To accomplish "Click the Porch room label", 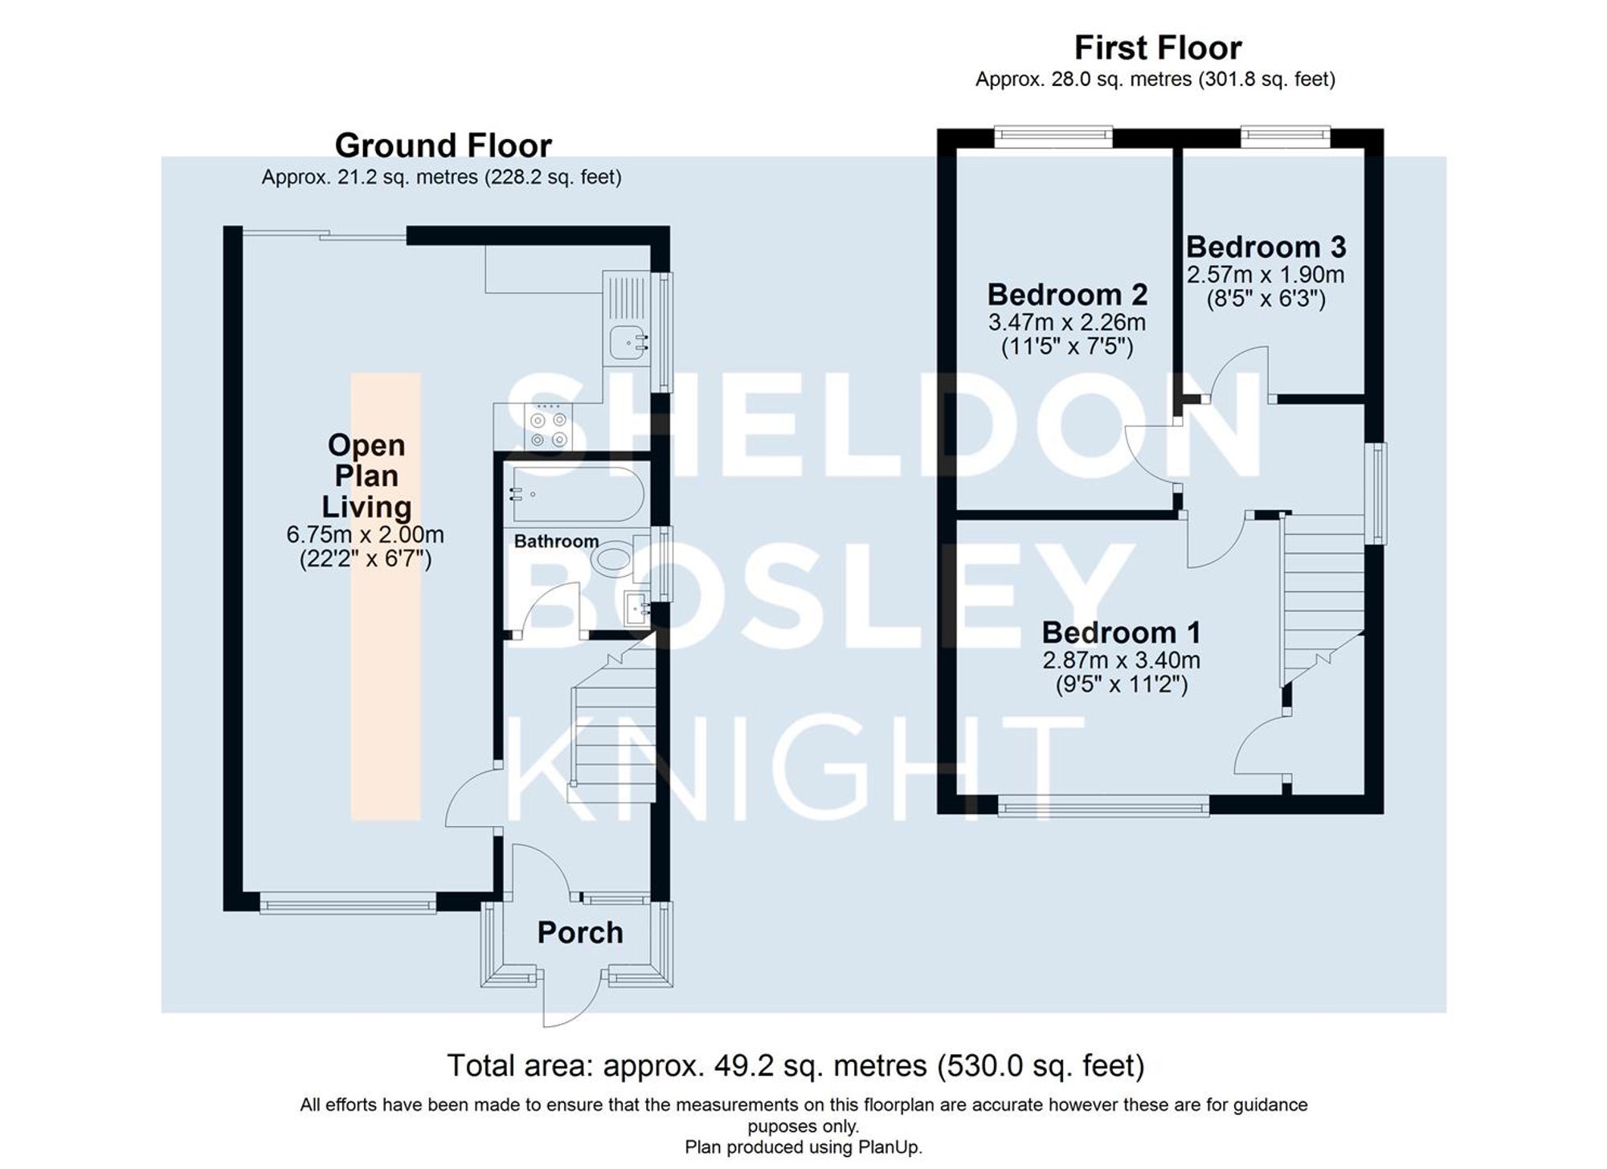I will pyautogui.click(x=579, y=933).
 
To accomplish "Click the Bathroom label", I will pyautogui.click(x=556, y=542).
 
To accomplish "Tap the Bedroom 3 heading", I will pyautogui.click(x=1266, y=247).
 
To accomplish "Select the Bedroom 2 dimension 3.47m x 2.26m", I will pyautogui.click(x=1066, y=323).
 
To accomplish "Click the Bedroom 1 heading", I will pyautogui.click(x=1121, y=633).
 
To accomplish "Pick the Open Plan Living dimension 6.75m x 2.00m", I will pyautogui.click(x=365, y=535).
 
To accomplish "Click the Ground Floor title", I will pyautogui.click(x=443, y=146).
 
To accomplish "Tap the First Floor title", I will pyautogui.click(x=1157, y=48).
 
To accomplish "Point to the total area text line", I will pyautogui.click(x=795, y=1066).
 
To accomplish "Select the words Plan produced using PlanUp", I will pyautogui.click(x=803, y=1147).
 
